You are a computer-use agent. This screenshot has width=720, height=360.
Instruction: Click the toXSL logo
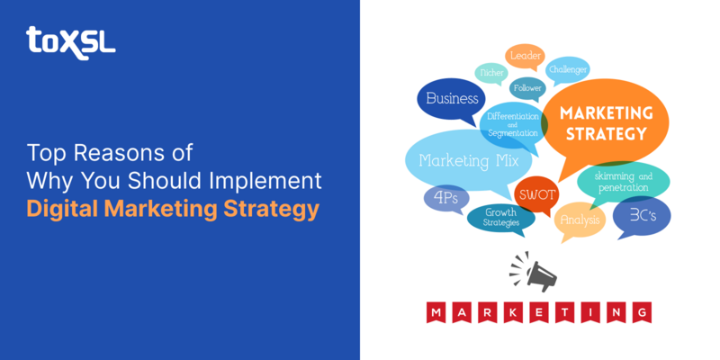70,40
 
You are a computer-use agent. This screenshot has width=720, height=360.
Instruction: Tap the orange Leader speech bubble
525,56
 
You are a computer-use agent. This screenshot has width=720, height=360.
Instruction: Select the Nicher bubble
491,73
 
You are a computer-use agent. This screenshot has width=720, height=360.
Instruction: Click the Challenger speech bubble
568,69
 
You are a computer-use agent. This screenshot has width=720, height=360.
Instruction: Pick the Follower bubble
527,88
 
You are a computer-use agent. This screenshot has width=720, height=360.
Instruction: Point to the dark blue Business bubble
451,99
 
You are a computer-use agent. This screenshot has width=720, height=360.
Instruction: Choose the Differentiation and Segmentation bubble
513,124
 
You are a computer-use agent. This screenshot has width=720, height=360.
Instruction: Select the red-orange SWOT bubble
536,194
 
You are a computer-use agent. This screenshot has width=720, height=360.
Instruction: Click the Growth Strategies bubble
500,217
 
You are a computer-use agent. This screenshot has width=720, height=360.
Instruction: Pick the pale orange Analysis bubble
580,219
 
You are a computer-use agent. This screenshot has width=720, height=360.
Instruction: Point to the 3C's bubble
641,216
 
